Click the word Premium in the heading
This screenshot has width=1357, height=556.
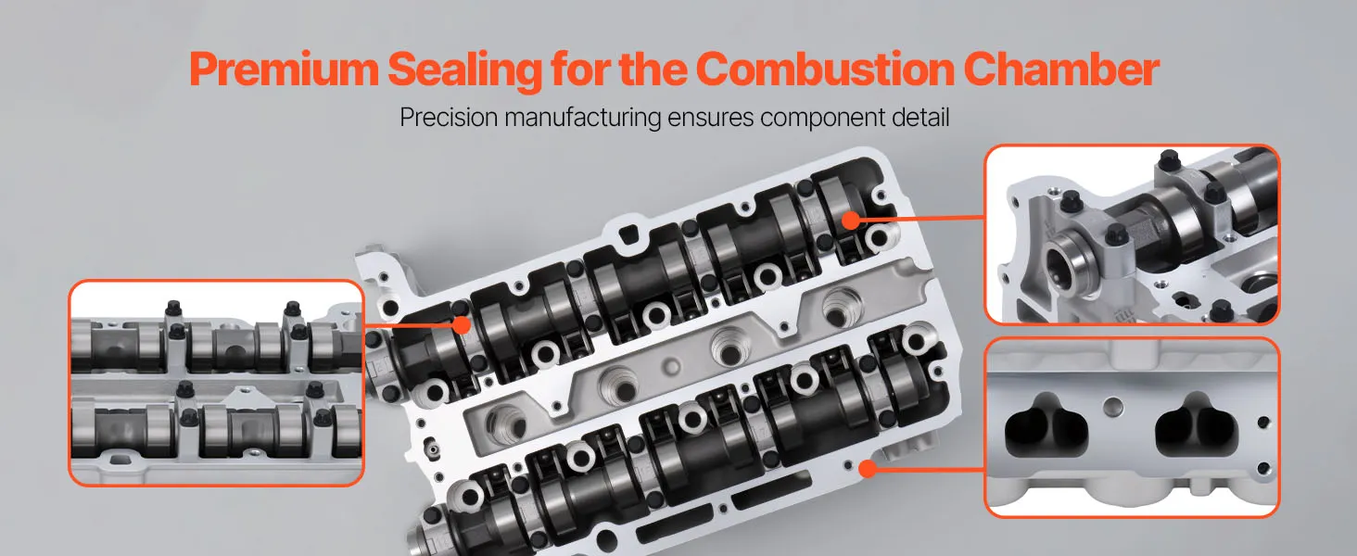pos(285,70)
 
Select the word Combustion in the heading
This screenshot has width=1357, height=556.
pos(825,69)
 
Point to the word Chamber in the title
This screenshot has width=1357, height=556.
pos(1060,69)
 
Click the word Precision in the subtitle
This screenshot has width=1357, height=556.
pos(449,117)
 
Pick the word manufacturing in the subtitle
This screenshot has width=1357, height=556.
pos(583,118)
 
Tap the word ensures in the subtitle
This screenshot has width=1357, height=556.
pos(711,118)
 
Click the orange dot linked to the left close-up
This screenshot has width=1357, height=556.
pos(462,325)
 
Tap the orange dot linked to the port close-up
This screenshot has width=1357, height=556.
pos(868,469)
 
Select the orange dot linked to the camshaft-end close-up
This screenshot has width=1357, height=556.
pos(851,221)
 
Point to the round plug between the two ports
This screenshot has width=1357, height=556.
pos(1113,407)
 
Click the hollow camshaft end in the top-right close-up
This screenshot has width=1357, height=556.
pos(1070,264)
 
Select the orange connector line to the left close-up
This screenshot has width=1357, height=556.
pos(409,325)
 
